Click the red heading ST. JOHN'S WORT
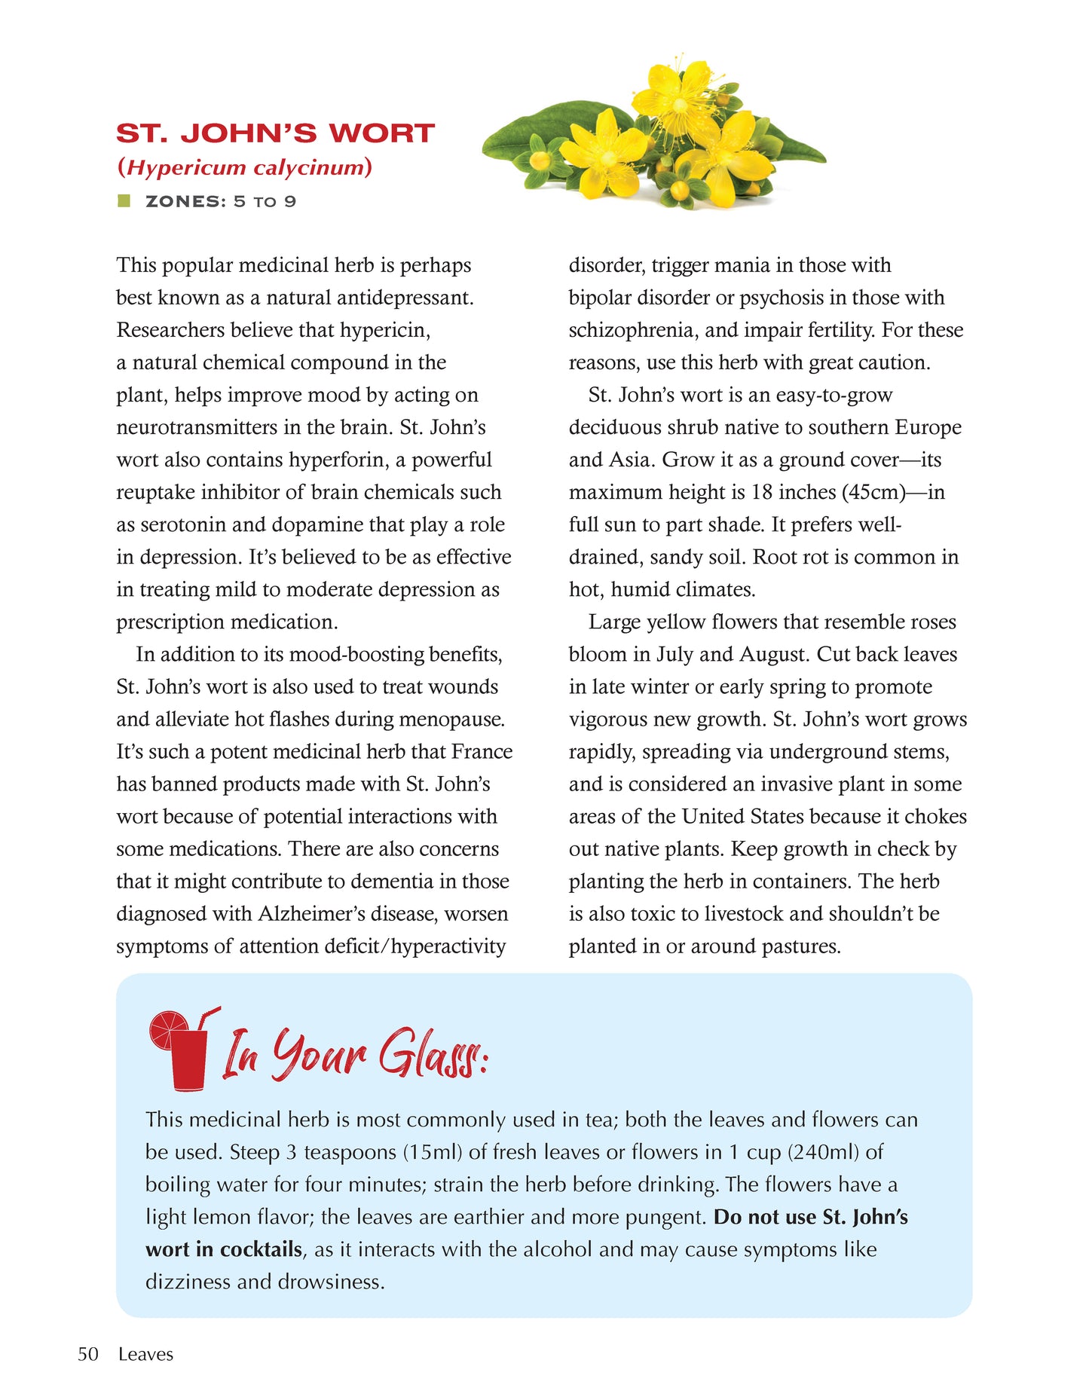tap(275, 133)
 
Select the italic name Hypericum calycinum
tap(244, 167)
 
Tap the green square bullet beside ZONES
tap(124, 200)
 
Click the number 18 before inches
tap(762, 492)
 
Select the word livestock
tap(744, 913)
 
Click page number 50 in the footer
tap(88, 1354)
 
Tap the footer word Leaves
tap(145, 1354)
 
